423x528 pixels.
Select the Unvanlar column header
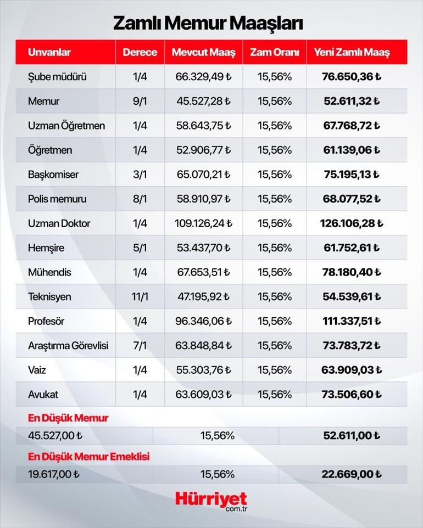49,53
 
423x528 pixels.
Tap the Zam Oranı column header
274,53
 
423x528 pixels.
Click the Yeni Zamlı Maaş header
352,53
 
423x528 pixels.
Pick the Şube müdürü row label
57,77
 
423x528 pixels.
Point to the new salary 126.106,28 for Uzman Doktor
352,223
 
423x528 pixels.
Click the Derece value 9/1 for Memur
140,102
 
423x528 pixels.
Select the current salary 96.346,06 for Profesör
203,321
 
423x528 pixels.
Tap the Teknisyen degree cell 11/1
140,297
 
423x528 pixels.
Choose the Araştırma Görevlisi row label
68,346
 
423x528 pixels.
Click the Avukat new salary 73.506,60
352,395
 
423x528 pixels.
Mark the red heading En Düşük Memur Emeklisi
88,456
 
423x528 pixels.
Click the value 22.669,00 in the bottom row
352,474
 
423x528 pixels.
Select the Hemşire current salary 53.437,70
203,248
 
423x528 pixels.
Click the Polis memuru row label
57,199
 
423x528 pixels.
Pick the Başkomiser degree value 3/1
140,175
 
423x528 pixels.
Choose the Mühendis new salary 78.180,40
352,272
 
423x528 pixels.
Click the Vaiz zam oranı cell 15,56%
274,370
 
